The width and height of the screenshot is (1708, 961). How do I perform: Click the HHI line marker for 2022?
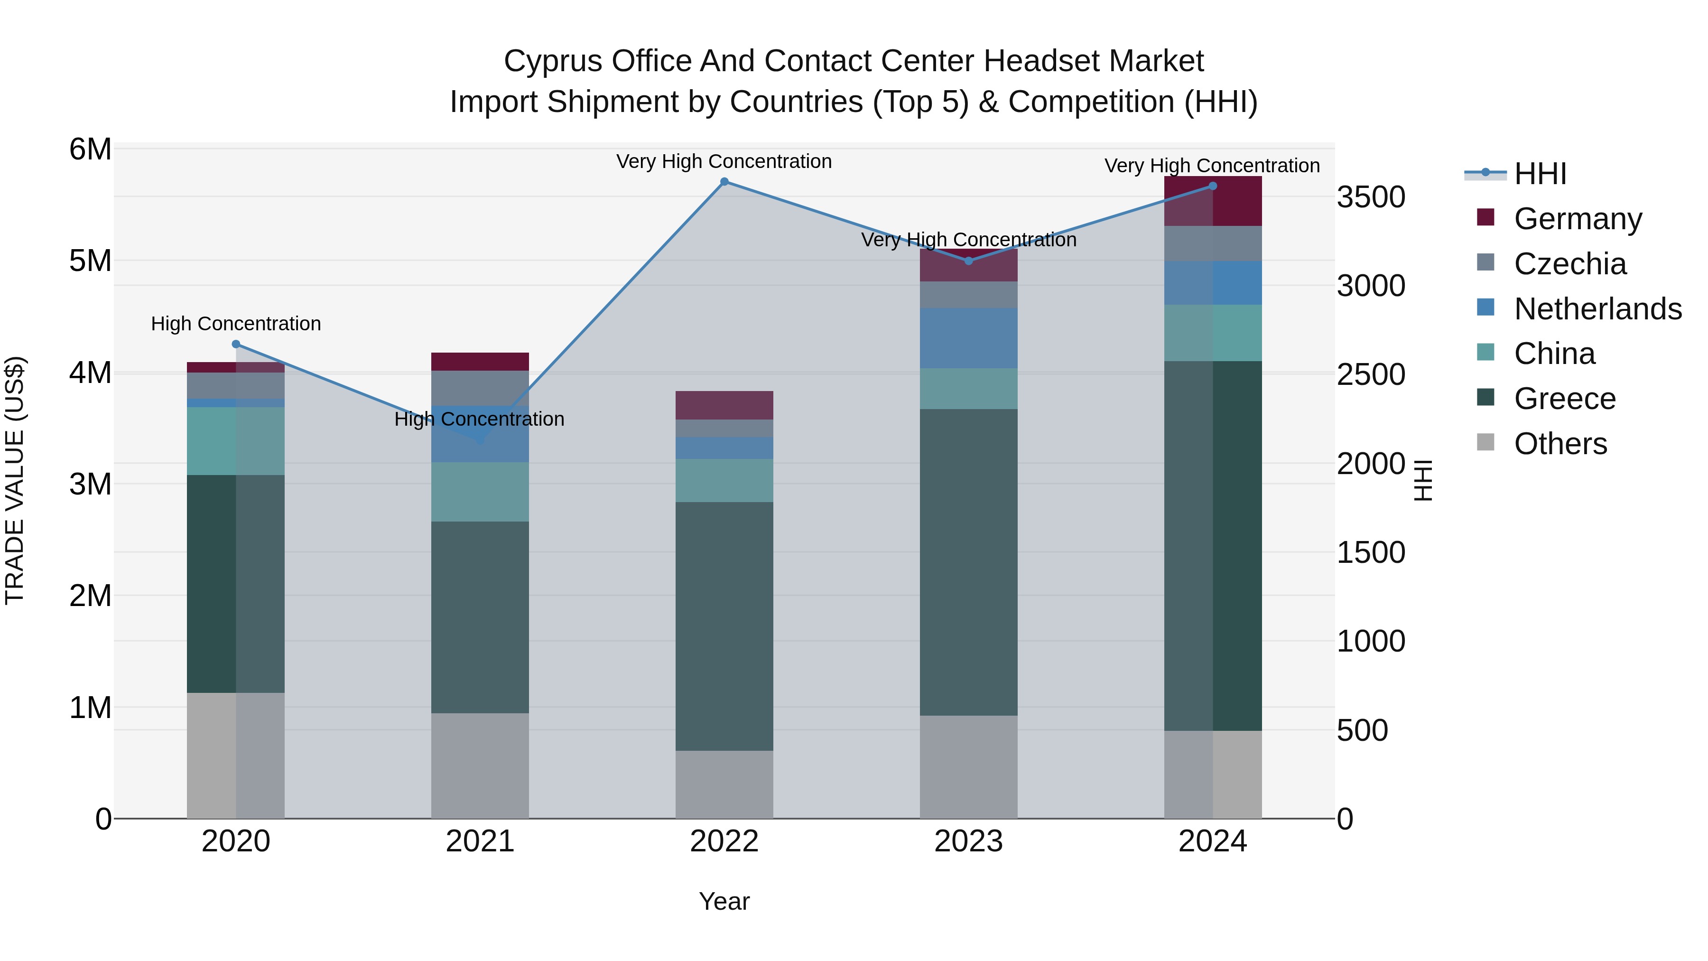(x=724, y=182)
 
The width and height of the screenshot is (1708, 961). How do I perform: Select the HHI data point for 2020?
(x=236, y=344)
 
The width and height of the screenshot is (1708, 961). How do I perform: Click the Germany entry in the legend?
(x=1578, y=219)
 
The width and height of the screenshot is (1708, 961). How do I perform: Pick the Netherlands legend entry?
(x=1597, y=309)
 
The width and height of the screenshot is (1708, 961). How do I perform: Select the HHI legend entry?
(x=1540, y=174)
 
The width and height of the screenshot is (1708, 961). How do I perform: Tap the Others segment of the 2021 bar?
(x=480, y=765)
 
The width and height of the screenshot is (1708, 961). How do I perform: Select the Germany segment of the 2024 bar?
(x=1213, y=201)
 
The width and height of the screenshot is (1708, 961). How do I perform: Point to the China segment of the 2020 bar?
(x=236, y=441)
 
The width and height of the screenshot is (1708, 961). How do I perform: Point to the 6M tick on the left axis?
(x=90, y=150)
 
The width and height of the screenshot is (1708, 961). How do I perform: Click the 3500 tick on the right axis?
(x=1371, y=197)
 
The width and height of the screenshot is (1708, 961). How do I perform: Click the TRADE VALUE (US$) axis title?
(x=15, y=481)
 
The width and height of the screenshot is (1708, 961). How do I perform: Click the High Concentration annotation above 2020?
(x=236, y=324)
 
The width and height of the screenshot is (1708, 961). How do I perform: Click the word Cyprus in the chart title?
(x=553, y=61)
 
